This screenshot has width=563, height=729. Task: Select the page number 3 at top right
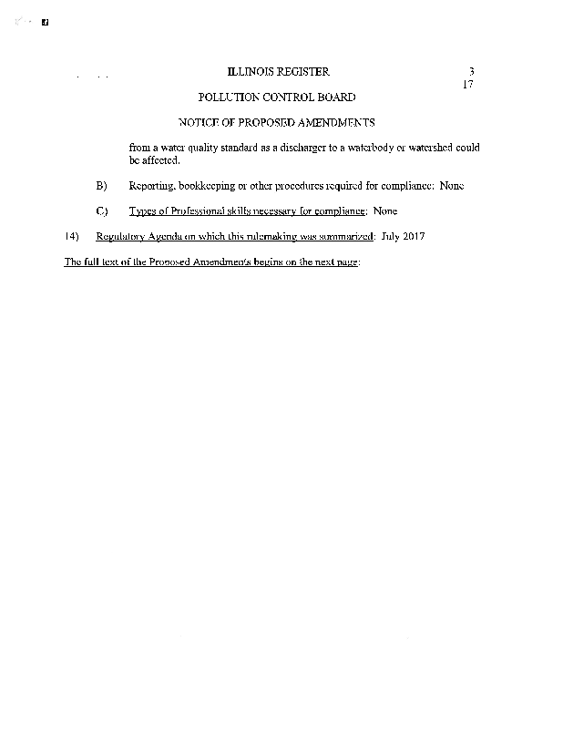(472, 72)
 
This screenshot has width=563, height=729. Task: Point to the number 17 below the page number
(469, 85)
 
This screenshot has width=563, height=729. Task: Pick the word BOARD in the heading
(335, 97)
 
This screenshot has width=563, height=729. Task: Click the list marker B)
(102, 186)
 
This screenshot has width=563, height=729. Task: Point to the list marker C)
(102, 211)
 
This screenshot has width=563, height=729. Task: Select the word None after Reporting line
(452, 186)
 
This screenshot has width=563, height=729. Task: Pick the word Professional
(201, 211)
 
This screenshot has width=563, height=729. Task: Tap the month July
(392, 237)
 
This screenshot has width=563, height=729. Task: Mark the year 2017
(415, 237)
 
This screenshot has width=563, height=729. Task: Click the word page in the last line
(347, 262)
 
